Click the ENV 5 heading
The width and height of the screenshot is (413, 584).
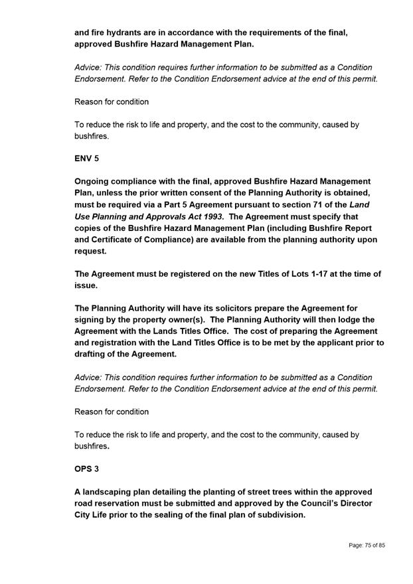pos(86,159)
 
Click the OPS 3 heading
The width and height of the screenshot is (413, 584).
pos(86,469)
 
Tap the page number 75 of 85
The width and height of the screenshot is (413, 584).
pos(367,545)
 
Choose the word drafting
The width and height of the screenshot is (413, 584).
pos(94,354)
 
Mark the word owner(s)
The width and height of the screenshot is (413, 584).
pos(188,319)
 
